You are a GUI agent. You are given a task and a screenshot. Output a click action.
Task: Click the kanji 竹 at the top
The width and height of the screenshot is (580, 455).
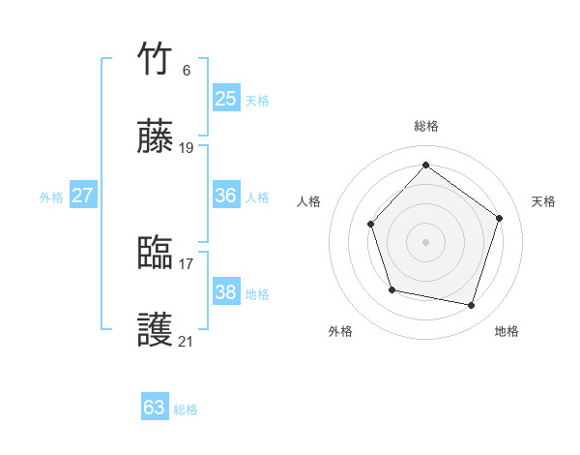click(x=156, y=60)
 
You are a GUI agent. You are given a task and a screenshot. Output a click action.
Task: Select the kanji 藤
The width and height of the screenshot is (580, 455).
click(x=156, y=137)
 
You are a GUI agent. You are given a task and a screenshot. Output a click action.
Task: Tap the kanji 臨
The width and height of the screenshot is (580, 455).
click(x=156, y=254)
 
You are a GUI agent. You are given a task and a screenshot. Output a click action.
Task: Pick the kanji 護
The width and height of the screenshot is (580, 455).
click(x=156, y=331)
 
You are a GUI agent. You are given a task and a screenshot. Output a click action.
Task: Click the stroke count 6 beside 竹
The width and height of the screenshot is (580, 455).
click(x=186, y=71)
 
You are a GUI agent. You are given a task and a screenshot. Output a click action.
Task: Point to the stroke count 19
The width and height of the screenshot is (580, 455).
click(x=187, y=148)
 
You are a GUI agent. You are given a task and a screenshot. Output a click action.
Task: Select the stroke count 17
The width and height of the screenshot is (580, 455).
click(x=187, y=263)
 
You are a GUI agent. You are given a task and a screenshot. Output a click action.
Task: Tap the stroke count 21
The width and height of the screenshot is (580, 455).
click(x=187, y=341)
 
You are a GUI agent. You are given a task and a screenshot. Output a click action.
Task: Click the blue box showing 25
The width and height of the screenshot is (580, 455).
click(x=225, y=98)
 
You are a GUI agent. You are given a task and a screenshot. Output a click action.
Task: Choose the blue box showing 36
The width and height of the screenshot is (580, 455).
click(x=225, y=196)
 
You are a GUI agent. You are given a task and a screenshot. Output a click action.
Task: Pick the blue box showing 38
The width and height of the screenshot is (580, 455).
click(x=225, y=292)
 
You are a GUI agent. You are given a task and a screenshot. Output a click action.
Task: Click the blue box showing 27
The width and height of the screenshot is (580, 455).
click(x=82, y=196)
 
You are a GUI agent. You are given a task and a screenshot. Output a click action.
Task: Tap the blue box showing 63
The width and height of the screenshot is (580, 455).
click(x=154, y=408)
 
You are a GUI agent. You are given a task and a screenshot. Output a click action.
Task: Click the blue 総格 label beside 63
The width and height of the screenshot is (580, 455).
click(x=186, y=409)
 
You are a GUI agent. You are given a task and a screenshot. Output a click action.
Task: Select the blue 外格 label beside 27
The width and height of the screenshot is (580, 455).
click(x=51, y=197)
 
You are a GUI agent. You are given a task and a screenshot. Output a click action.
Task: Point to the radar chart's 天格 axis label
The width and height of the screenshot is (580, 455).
click(x=543, y=201)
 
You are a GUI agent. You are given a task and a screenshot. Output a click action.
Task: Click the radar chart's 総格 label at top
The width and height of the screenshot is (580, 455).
click(x=425, y=126)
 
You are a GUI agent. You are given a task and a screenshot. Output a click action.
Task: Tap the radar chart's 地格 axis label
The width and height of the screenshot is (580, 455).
click(x=507, y=331)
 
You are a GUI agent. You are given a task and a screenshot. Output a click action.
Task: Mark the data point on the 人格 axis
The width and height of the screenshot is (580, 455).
click(x=371, y=225)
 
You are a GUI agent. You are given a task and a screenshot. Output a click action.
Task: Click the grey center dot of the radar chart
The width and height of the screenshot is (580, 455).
click(x=425, y=241)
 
